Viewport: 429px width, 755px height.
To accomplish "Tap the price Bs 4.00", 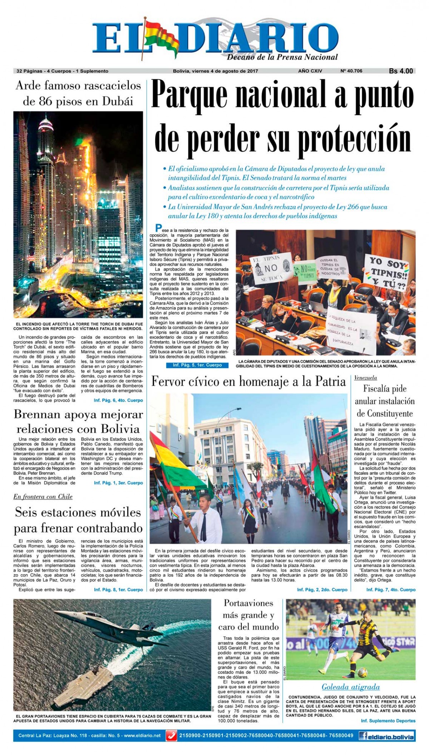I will (x=401, y=71).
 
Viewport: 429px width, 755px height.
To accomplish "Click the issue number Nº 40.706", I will (x=351, y=71).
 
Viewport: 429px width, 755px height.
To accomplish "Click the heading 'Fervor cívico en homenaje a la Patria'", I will (x=248, y=382).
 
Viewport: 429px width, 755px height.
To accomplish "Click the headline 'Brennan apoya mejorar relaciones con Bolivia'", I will (x=78, y=422).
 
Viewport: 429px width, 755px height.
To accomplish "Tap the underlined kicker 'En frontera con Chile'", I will (x=43, y=497).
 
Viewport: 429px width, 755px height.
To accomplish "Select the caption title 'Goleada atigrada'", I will (x=350, y=687).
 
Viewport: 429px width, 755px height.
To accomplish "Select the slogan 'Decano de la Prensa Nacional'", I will (x=282, y=57).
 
